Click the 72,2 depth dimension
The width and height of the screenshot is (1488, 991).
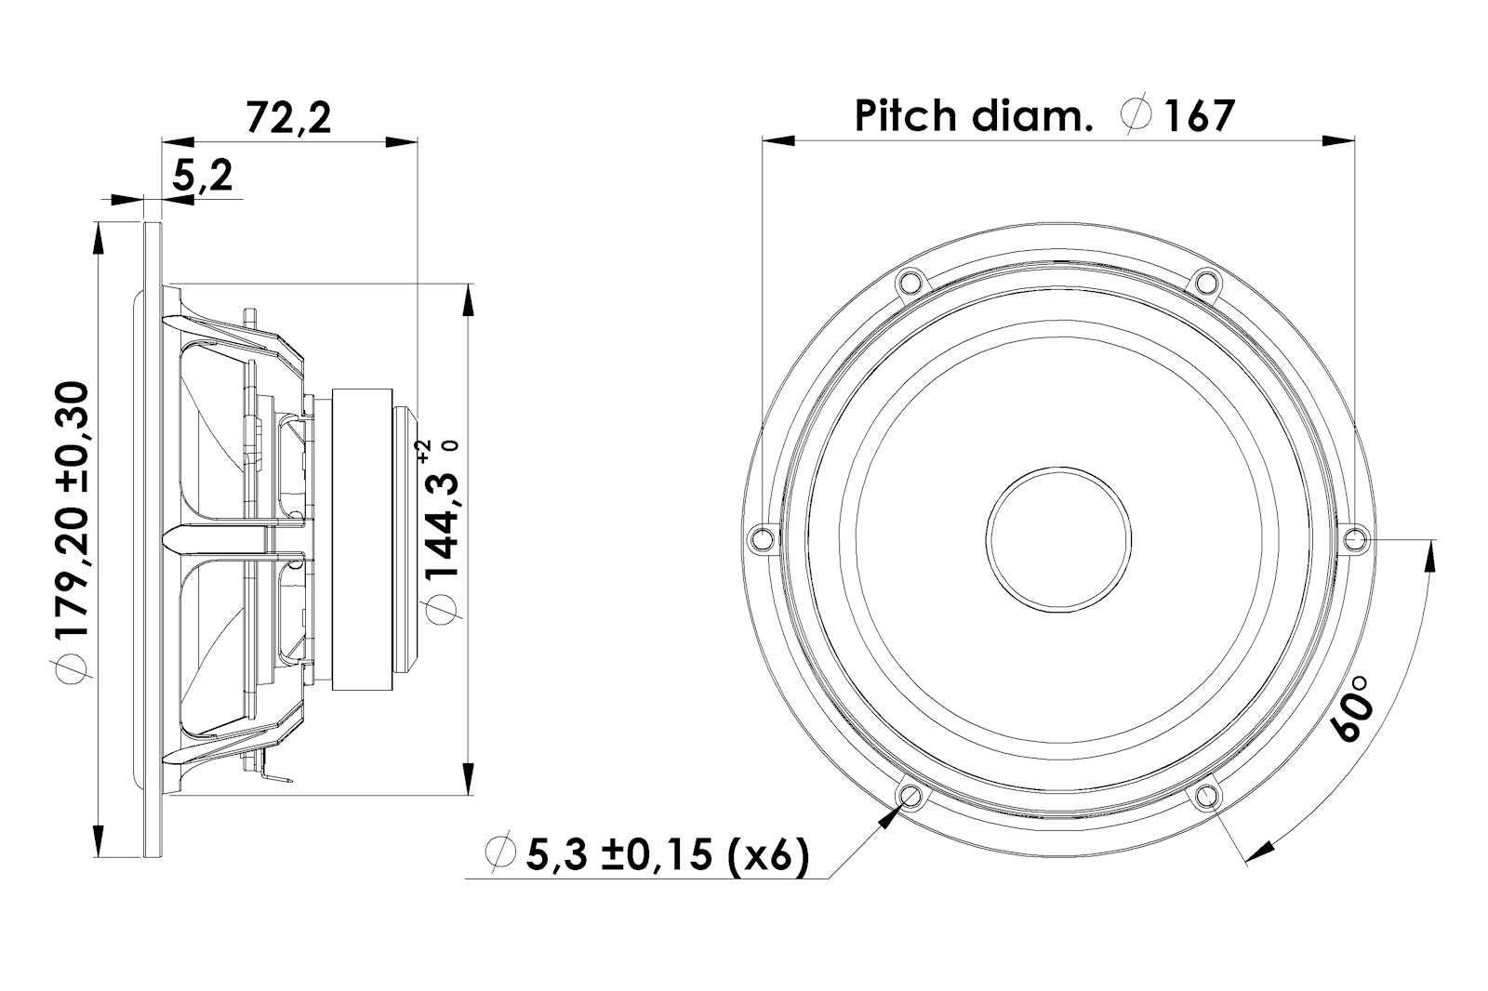[x=288, y=118]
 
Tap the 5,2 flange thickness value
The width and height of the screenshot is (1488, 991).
[x=202, y=177]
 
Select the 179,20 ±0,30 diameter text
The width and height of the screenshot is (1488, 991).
[x=72, y=509]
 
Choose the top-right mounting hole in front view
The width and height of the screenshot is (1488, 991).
[x=1205, y=281]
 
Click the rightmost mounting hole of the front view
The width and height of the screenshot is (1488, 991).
[x=1355, y=537]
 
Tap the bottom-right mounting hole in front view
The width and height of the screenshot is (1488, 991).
[x=1206, y=795]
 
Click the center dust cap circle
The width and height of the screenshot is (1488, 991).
[x=1058, y=538]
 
